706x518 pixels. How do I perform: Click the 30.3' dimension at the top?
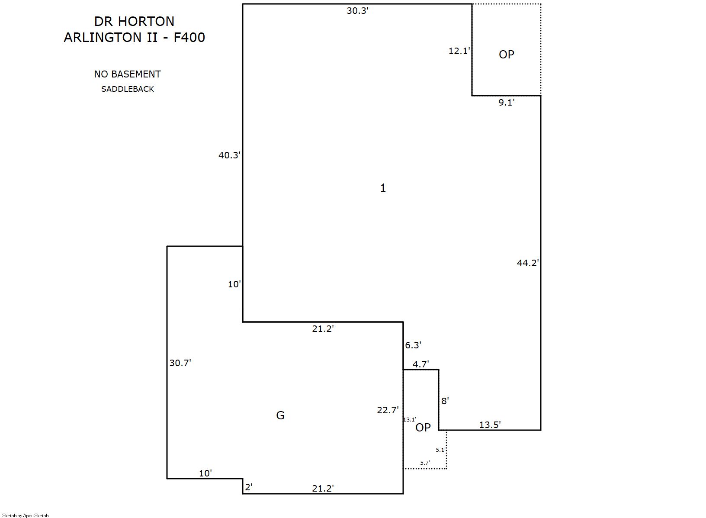[357, 11]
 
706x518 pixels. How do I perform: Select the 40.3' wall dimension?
[229, 155]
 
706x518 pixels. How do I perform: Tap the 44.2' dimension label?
[528, 263]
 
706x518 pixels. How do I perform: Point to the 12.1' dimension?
[459, 51]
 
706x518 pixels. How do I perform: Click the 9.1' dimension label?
[507, 103]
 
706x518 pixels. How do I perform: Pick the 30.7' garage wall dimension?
[180, 363]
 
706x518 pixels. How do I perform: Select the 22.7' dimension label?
[388, 410]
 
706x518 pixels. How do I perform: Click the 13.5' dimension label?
[490, 425]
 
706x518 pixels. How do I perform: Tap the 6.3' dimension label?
[413, 345]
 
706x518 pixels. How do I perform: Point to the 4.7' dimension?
[421, 364]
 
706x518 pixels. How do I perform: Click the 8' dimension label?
[445, 401]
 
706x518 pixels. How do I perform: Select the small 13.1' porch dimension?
[410, 420]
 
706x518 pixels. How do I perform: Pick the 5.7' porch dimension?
[425, 463]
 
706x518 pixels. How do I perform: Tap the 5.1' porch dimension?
[440, 450]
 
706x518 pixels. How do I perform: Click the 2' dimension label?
[249, 487]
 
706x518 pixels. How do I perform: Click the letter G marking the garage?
[280, 415]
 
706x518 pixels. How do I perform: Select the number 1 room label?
[383, 188]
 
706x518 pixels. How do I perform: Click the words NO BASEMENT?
[127, 74]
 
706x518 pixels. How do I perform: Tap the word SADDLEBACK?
[127, 89]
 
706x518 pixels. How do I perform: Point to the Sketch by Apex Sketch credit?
[26, 515]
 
